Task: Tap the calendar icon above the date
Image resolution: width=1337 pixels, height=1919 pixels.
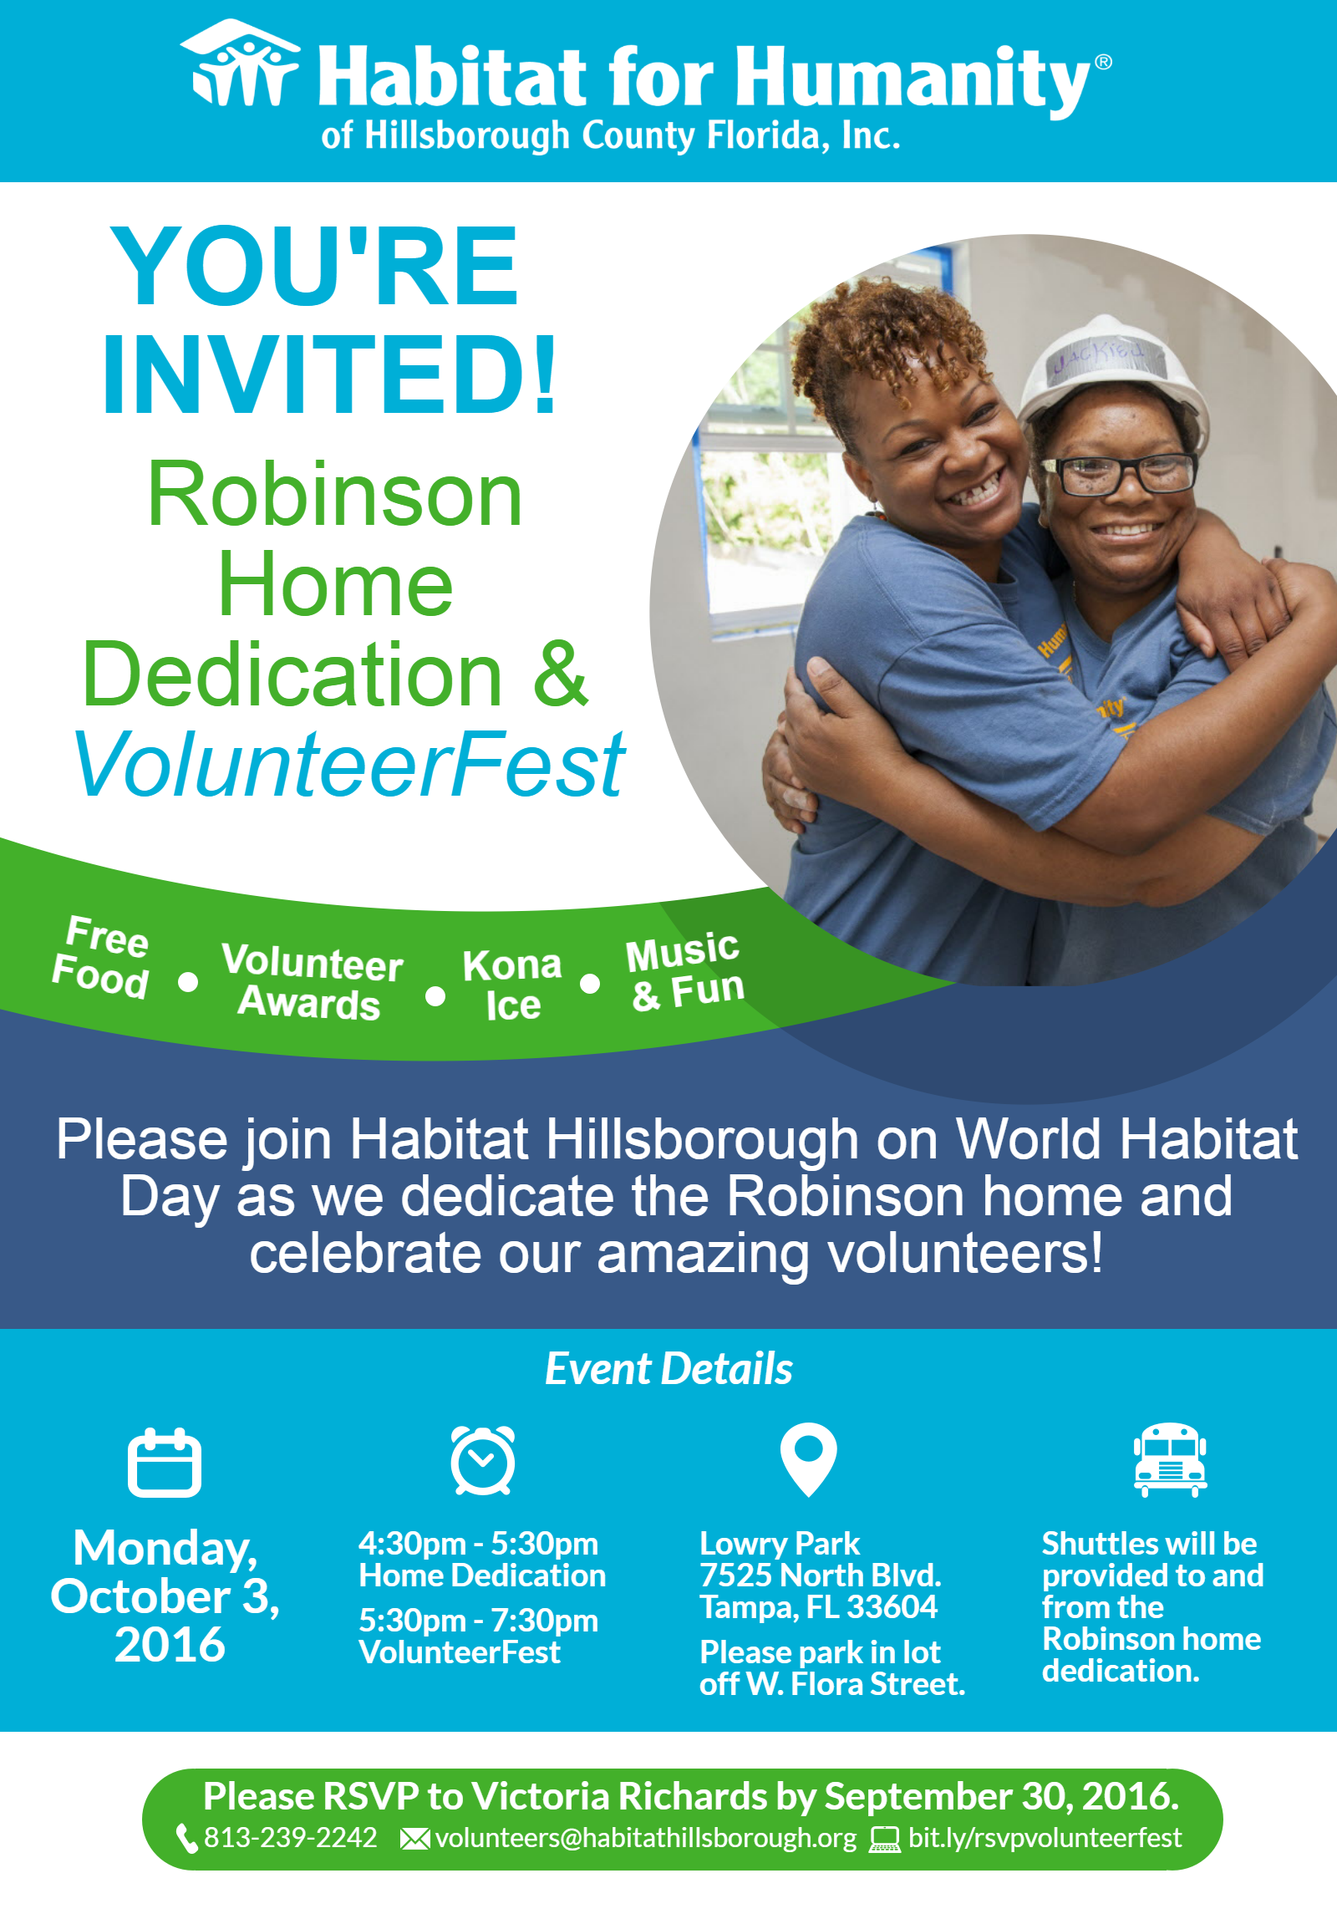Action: click(165, 1462)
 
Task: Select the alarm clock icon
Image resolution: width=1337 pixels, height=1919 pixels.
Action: click(482, 1460)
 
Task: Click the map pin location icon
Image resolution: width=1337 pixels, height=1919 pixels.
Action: click(808, 1459)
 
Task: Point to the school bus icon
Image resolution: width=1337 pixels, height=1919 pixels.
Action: click(1170, 1459)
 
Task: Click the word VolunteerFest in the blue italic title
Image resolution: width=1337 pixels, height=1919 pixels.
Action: click(349, 764)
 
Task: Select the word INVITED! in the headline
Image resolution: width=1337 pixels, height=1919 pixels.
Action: click(329, 373)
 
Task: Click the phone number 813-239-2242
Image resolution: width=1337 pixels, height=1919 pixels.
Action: click(291, 1837)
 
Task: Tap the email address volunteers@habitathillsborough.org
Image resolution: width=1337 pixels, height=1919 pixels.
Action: click(646, 1838)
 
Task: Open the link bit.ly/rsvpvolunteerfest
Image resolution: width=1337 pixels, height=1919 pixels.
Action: click(1045, 1838)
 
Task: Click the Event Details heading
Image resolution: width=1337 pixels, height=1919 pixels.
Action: click(668, 1369)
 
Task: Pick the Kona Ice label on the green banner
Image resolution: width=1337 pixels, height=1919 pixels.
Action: click(512, 985)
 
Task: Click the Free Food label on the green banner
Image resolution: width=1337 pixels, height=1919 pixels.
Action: click(102, 957)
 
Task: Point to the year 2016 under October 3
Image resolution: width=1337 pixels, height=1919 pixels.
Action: click(170, 1645)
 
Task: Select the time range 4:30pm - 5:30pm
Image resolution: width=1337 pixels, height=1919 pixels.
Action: click(479, 1543)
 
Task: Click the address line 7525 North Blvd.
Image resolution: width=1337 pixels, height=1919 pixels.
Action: click(821, 1575)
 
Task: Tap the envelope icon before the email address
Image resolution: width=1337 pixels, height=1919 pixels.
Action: click(415, 1839)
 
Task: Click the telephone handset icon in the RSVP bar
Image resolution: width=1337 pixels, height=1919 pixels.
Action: click(187, 1838)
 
